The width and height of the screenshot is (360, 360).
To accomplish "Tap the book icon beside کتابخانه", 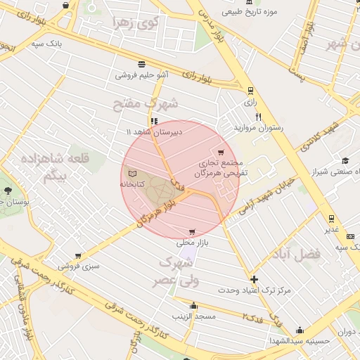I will click(132, 172).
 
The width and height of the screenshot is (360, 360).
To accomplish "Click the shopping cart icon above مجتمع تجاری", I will click(221, 153).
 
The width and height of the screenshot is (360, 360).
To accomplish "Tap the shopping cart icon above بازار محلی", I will click(191, 232).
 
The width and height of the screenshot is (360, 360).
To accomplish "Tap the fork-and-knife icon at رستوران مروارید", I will click(259, 117).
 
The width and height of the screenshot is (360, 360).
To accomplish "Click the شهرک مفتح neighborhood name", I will click(146, 104).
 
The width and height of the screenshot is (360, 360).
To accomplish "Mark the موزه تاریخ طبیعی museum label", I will click(249, 12).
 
